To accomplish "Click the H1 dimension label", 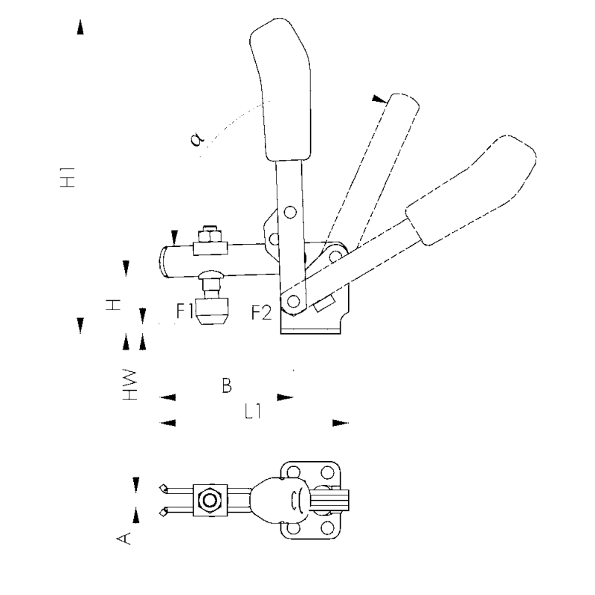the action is pos(68,177).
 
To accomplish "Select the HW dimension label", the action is pos(129,385).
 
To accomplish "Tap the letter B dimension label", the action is pos(227,385).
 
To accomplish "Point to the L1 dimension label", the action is pos(253,411).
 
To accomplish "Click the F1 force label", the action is pos(184,311).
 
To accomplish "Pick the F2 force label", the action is pos(262,312).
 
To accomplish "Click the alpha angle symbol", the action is pos(197,139).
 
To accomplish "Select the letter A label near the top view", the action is pos(123,538).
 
